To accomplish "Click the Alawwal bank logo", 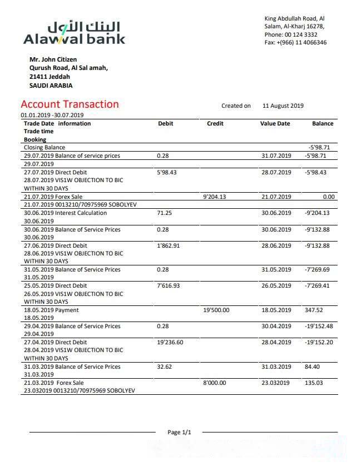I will tap(75, 33).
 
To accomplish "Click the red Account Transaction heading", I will tap(70, 104).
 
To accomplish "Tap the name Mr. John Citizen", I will tap(53, 59).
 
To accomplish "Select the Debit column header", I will tap(165, 124).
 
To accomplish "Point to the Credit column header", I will tap(215, 124).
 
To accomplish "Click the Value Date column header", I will tap(275, 124).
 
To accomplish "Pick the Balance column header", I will tap(323, 124).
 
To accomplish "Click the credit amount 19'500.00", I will tap(217, 310).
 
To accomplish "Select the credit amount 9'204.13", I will tap(215, 197).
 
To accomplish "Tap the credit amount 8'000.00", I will tap(215, 383).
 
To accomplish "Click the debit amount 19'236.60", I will tap(170, 343).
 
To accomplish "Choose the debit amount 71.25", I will tap(165, 213).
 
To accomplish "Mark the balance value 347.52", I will tap(314, 310).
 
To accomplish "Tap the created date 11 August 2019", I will tap(283, 106).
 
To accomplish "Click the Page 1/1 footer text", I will tap(179, 432).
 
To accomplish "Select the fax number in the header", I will tap(295, 43).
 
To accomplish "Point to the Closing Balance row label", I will tap(44, 148).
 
